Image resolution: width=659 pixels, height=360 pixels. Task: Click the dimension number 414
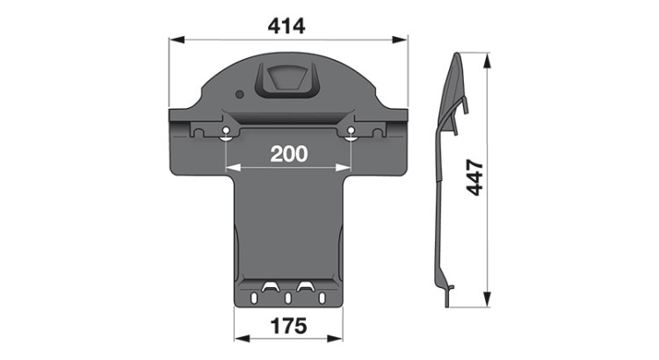tap(286, 26)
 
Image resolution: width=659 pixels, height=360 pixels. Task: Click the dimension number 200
tap(289, 155)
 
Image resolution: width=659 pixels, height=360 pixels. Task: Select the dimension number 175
tap(288, 326)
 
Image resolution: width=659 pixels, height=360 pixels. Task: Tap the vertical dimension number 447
tap(475, 176)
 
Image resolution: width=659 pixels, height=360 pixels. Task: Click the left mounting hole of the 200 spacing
tap(226, 130)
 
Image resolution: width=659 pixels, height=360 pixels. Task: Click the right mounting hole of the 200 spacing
tap(351, 130)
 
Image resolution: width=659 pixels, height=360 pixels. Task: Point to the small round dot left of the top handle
tap(240, 94)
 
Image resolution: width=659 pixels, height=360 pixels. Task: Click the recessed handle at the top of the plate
tap(287, 81)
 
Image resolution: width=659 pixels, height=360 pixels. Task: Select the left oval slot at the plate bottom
tap(254, 299)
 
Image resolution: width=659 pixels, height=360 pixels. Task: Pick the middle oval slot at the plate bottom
tap(288, 299)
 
